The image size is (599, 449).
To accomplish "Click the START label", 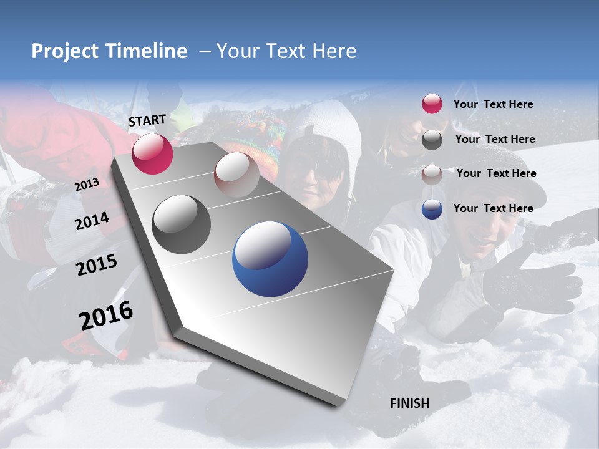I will point(147,120).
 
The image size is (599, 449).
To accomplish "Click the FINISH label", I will point(409,403).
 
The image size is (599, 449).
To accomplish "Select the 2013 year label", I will point(87,185).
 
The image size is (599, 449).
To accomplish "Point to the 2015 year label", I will point(97,265).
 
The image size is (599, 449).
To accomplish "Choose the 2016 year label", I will point(106,316).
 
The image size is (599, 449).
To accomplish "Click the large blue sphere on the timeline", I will point(270,259).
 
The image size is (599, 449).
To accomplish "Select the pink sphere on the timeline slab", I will point(152,153).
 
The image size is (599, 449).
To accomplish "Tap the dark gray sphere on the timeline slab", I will point(182,224).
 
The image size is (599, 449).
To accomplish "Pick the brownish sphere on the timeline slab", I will point(236,175).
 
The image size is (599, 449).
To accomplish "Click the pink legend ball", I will point(432,104).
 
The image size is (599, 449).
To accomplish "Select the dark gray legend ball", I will point(432,140).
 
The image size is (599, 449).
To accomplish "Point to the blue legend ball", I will point(432,209).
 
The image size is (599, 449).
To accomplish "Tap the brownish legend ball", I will point(432,174).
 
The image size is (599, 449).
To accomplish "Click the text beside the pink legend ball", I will point(493,105).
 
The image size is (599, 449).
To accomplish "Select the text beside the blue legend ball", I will point(493,208).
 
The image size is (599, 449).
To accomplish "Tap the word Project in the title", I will point(64,51).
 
